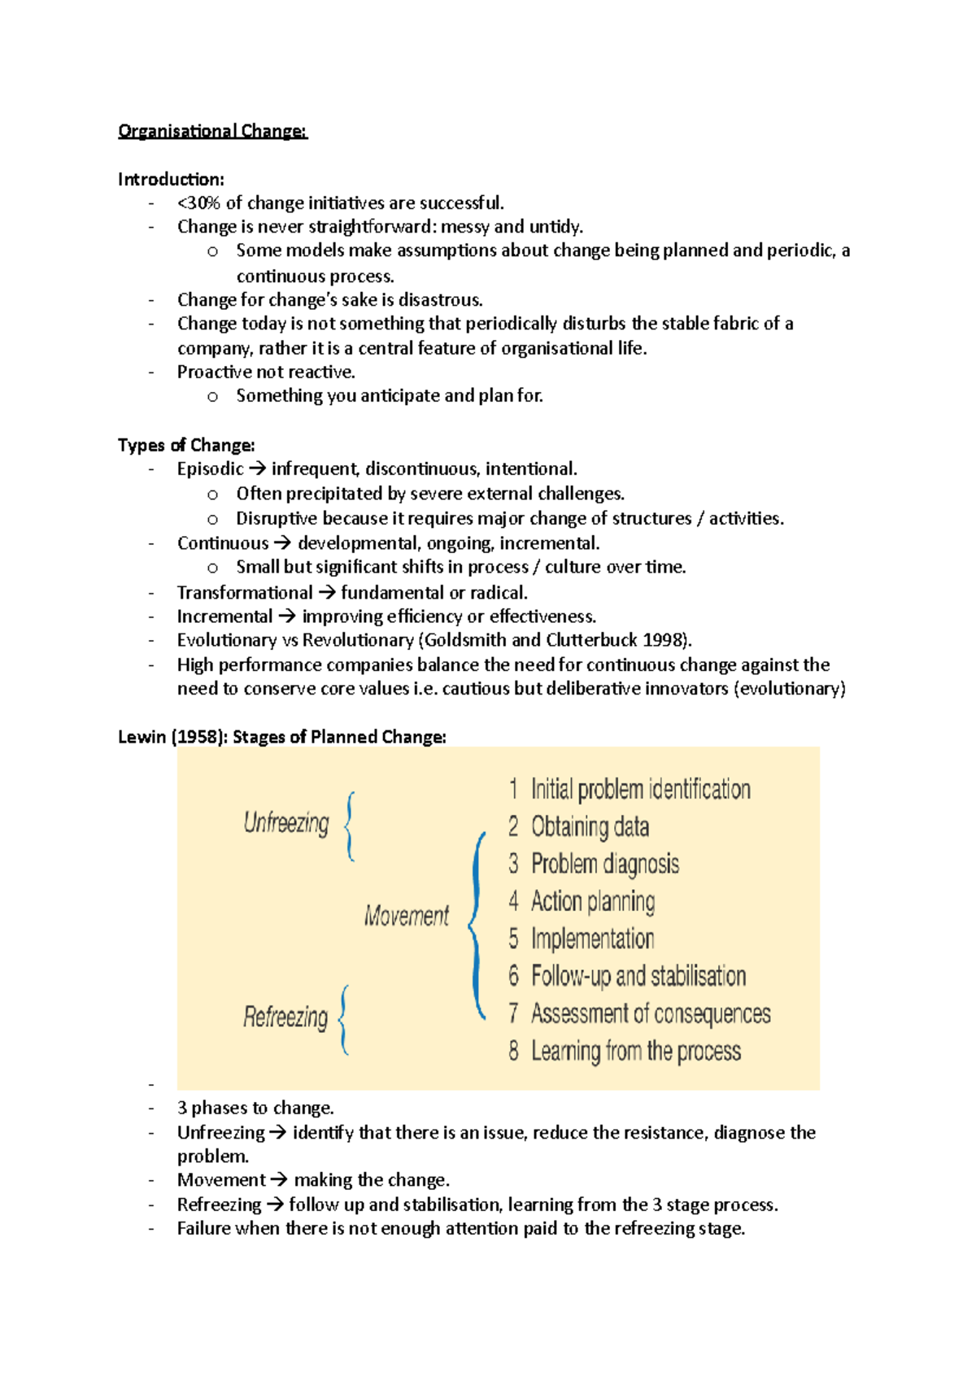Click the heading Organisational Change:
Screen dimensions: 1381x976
[212, 131]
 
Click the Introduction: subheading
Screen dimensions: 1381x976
[171, 179]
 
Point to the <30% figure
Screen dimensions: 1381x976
[199, 203]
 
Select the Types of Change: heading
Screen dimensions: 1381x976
[186, 445]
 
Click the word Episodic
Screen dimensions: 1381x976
[210, 469]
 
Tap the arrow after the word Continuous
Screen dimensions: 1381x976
[282, 543]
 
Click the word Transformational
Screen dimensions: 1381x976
[244, 593]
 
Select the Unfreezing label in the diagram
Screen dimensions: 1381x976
[286, 823]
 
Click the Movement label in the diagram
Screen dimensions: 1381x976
[406, 917]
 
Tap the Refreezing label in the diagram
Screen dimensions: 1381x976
[285, 1017]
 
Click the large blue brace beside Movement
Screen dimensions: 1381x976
[477, 926]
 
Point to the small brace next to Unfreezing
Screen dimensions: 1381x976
[349, 826]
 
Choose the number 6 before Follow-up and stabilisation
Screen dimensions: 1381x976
[513, 975]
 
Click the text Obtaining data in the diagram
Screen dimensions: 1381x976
[590, 827]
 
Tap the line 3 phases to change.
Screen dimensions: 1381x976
[255, 1108]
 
